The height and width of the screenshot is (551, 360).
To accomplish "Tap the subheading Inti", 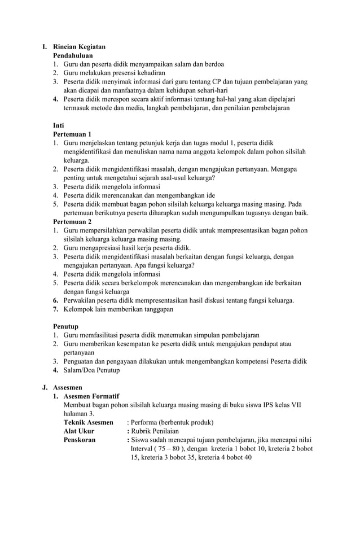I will coord(58,125).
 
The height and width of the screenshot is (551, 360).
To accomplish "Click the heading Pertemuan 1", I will coord(72,134).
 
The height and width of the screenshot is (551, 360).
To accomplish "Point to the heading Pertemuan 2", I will coord(72,221).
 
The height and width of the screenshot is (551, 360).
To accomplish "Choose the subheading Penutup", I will coord(65,326).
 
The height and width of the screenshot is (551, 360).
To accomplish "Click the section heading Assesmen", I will coord(68,388).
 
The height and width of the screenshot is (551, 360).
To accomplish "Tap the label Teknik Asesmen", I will coord(88,422).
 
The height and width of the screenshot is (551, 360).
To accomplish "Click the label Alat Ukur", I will coord(79,431).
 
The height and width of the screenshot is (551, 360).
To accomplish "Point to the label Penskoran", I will coord(80,440).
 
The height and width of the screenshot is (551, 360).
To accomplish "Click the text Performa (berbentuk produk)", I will coord(172,422).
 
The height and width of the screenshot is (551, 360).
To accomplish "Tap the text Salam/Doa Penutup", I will coord(91,370).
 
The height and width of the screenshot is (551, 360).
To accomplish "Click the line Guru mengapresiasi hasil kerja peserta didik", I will coord(127,248).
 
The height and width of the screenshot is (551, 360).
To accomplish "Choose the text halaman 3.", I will coord(79,414).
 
